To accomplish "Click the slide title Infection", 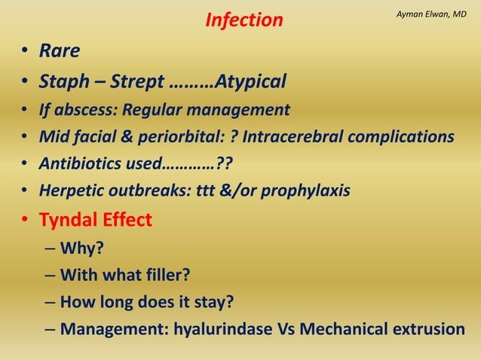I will click(244, 20).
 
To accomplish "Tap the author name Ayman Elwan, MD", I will click(432, 14).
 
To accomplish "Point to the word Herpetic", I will click(75, 191).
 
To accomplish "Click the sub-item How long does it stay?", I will click(146, 302).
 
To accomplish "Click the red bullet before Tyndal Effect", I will click(25, 221).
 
